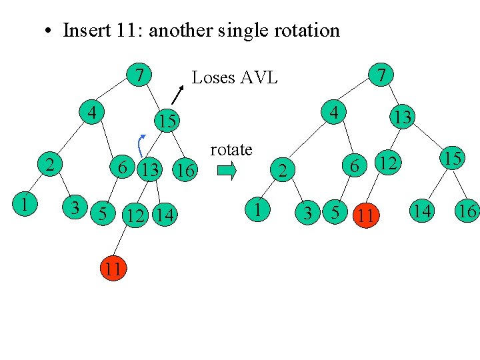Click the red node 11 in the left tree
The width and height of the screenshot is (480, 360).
[x=114, y=269]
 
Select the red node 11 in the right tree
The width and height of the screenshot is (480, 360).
[x=364, y=215]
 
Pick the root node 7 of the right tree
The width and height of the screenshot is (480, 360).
[x=381, y=74]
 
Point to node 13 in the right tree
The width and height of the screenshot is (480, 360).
[x=403, y=117]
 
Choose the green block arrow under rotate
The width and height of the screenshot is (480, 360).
[x=227, y=172]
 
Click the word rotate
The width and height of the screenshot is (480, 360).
[x=231, y=149]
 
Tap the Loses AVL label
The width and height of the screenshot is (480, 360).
[x=234, y=78]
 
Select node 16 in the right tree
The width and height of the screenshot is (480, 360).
[x=467, y=212]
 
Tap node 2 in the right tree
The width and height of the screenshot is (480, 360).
[x=283, y=172]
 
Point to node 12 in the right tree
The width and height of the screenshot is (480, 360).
[x=389, y=162]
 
